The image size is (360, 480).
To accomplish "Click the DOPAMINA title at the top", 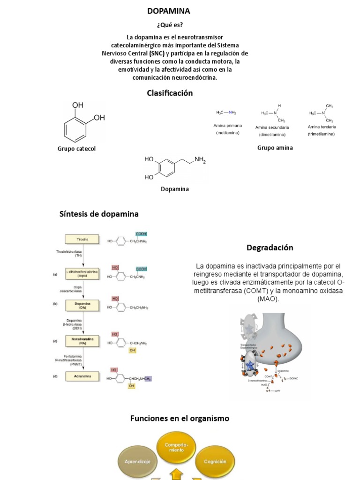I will pyautogui.click(x=169, y=11).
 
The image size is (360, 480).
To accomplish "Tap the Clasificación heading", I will pyautogui.click(x=170, y=93).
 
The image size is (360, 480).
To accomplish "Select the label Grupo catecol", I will pyautogui.click(x=76, y=149).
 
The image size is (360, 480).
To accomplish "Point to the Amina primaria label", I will pyautogui.click(x=228, y=126).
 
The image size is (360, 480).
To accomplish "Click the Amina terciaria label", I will pyautogui.click(x=322, y=127).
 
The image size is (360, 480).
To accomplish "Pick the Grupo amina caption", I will pyautogui.click(x=275, y=148).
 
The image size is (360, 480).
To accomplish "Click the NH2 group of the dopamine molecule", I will pyautogui.click(x=200, y=160).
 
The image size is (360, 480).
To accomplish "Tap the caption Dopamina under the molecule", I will pyautogui.click(x=174, y=189).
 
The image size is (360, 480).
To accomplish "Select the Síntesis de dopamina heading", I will pyautogui.click(x=99, y=214).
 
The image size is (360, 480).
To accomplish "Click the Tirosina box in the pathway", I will pyautogui.click(x=82, y=240).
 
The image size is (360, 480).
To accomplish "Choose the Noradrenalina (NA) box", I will pyautogui.click(x=82, y=341).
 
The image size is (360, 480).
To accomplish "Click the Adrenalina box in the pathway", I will pyautogui.click(x=82, y=376).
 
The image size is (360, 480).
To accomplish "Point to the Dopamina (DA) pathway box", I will pyautogui.click(x=82, y=306).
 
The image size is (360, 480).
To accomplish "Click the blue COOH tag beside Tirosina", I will pyautogui.click(x=141, y=234).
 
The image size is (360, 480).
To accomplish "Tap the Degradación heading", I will pyautogui.click(x=270, y=247).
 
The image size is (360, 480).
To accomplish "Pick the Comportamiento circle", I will pyautogui.click(x=176, y=447).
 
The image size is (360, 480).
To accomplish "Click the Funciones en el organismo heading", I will pyautogui.click(x=180, y=418).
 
